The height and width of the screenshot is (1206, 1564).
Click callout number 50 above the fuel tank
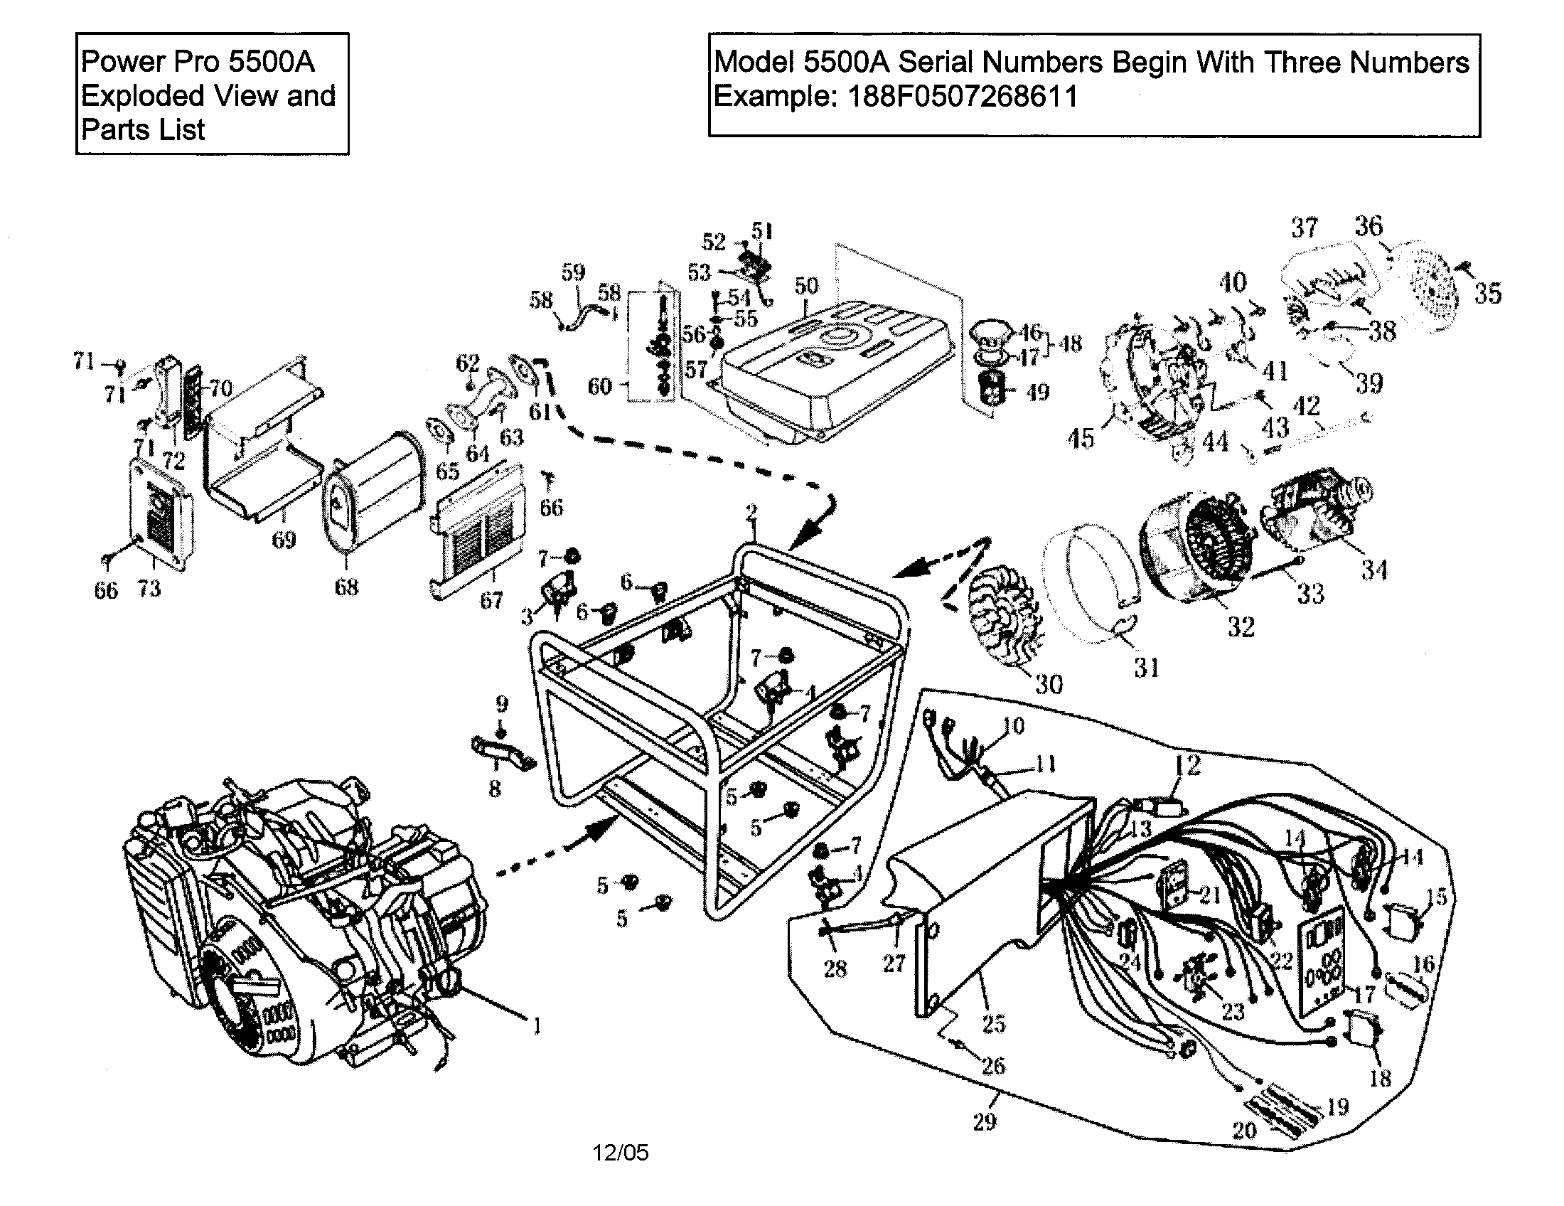(806, 286)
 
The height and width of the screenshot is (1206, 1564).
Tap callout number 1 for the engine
(537, 1026)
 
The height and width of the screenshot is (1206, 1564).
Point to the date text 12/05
(620, 1152)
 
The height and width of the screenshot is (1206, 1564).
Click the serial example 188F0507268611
(963, 96)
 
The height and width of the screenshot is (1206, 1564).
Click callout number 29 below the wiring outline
(985, 1121)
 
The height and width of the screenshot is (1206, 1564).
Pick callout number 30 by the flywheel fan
(1049, 684)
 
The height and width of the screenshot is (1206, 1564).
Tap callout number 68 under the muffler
(346, 587)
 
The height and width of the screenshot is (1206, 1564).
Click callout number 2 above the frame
(751, 513)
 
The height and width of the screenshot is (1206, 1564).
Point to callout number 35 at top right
(1488, 293)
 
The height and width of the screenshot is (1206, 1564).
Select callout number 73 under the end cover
(149, 589)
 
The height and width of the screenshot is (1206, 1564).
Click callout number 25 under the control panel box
(994, 1023)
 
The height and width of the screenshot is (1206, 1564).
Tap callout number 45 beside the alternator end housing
(1081, 438)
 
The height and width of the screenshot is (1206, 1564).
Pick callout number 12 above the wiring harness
(1187, 766)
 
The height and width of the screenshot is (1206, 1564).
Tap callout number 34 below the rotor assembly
(1374, 570)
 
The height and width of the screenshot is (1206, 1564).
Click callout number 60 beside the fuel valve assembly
(600, 386)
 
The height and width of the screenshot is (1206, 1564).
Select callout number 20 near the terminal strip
(1245, 1130)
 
